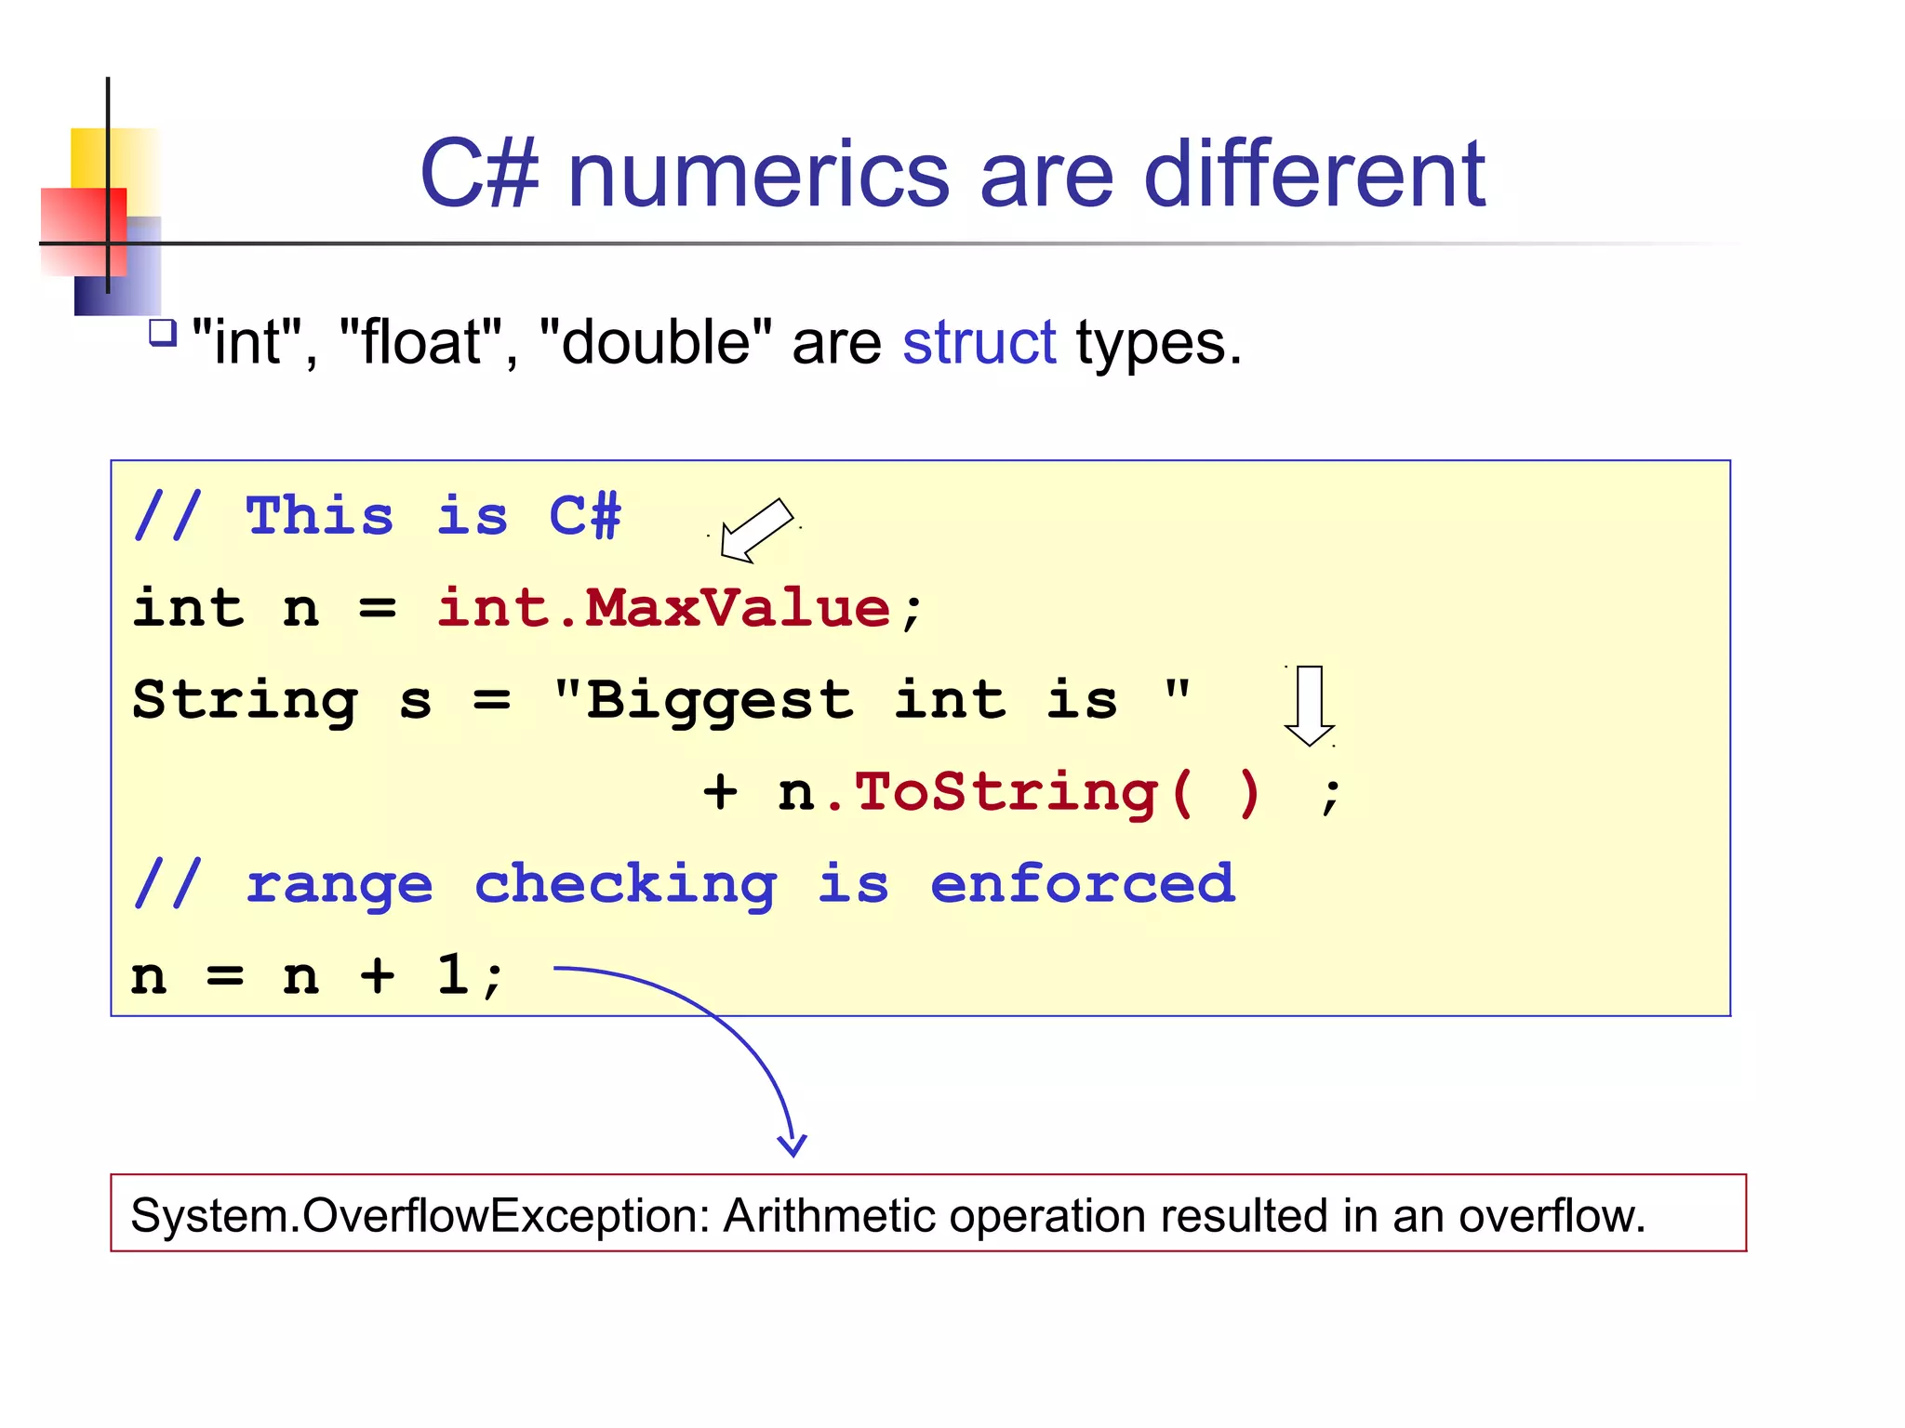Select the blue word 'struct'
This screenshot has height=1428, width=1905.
point(979,342)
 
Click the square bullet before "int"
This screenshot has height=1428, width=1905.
point(163,333)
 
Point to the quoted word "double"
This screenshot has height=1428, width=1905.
point(655,342)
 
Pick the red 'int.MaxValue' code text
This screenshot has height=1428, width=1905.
point(663,609)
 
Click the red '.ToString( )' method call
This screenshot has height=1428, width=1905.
point(1042,793)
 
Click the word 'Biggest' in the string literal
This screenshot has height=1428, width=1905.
point(718,701)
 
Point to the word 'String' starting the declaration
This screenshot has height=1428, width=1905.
point(245,701)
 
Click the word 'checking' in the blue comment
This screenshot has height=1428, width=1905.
point(625,884)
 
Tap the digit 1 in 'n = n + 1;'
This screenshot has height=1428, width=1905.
point(453,976)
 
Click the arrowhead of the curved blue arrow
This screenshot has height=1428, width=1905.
point(792,1147)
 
